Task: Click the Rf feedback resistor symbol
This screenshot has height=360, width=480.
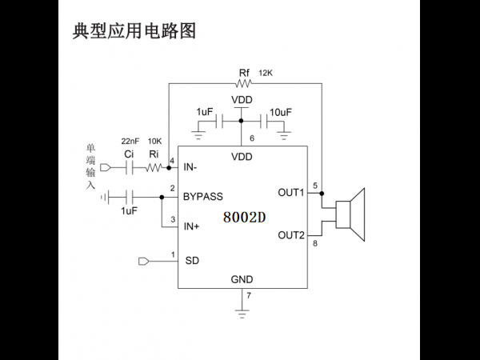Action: pos(244,83)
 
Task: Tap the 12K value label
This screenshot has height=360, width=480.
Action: pos(266,73)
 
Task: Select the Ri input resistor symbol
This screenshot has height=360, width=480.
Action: pos(154,168)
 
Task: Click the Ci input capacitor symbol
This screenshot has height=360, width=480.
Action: pos(130,168)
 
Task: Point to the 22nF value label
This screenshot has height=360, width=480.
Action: pos(130,141)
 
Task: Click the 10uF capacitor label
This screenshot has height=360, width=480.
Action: pos(281,112)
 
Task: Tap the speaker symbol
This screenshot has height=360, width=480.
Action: pos(350,214)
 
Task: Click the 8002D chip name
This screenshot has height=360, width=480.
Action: pos(244,218)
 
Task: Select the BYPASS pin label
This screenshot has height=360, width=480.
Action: pos(203,197)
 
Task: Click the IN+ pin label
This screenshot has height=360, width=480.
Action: pos(191,226)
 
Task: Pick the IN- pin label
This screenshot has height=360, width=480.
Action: pos(190,167)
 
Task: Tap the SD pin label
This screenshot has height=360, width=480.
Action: pos(192,261)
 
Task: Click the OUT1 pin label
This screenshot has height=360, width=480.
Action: pos(291,193)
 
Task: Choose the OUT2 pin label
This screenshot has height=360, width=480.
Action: pos(291,235)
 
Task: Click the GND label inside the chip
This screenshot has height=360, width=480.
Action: pos(242,279)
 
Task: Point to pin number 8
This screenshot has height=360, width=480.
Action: pos(315,244)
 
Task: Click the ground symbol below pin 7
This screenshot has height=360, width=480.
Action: pos(242,314)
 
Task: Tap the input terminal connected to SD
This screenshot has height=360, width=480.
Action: pos(143,261)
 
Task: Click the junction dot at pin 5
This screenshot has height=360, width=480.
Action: pos(322,194)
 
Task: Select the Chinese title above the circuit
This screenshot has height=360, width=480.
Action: pos(134,31)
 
